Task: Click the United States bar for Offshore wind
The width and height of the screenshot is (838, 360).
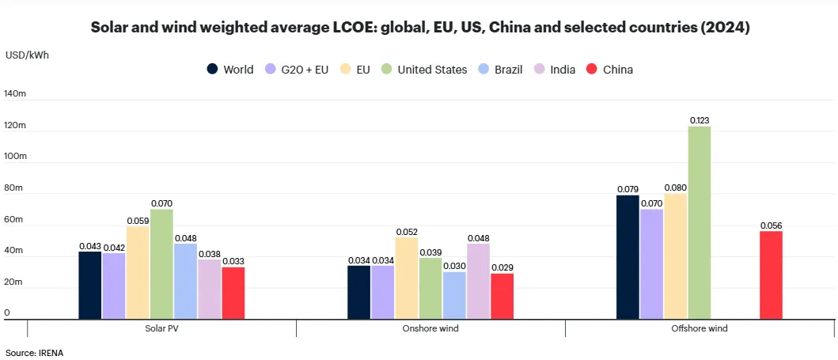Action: [x=700, y=222]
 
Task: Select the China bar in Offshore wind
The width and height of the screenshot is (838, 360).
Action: [x=771, y=275]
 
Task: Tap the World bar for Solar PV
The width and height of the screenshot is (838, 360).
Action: [x=90, y=285]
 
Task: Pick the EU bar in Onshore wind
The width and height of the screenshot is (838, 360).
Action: [x=407, y=278]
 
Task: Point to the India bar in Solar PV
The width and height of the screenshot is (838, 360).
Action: [x=209, y=289]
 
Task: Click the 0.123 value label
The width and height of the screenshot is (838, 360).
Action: [x=700, y=120]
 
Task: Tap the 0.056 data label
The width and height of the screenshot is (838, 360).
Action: [x=771, y=225]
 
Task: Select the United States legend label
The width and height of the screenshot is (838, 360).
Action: [x=432, y=70]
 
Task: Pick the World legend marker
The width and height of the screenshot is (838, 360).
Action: [x=213, y=70]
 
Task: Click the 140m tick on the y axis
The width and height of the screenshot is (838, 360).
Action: [x=16, y=94]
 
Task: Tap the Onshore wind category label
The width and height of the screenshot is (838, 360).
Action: [x=430, y=328]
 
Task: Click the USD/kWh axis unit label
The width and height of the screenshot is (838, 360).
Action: [x=27, y=55]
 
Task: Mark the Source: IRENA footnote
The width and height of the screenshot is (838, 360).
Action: [x=34, y=352]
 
